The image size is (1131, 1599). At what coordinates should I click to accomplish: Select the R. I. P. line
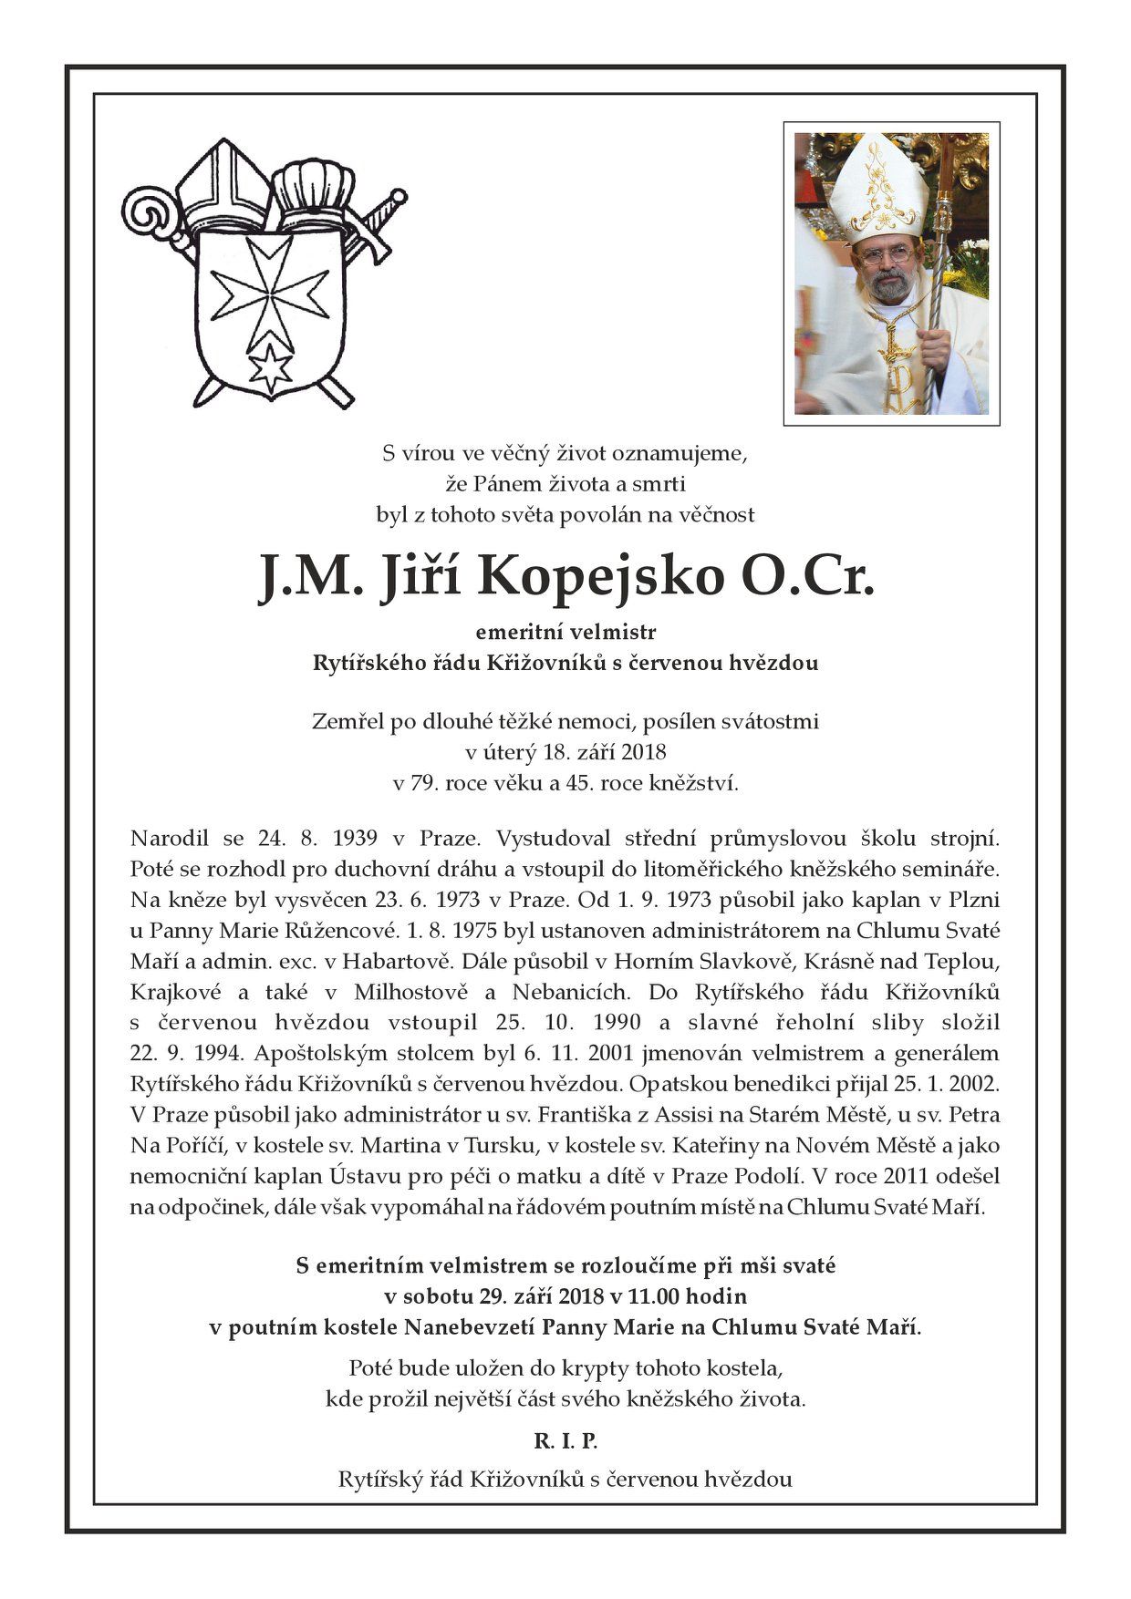click(565, 1441)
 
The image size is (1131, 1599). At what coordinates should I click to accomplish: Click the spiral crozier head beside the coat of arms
click(150, 216)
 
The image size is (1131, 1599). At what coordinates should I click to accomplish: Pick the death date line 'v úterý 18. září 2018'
click(565, 752)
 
